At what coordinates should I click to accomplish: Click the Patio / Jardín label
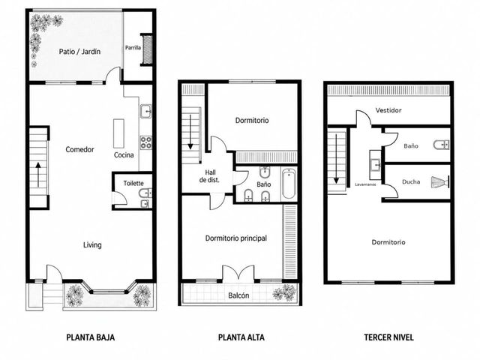[x=79, y=52]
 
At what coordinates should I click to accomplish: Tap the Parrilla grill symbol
[x=147, y=49]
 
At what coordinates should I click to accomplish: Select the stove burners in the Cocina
[x=146, y=142]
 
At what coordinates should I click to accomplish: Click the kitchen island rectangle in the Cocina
[x=118, y=133]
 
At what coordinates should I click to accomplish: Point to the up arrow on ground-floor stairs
[x=38, y=175]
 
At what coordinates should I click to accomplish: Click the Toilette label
[x=133, y=183]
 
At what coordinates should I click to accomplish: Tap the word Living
[x=92, y=245]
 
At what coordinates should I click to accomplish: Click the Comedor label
[x=79, y=150]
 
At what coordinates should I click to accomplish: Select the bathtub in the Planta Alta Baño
[x=288, y=184]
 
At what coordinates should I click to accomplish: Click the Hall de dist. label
[x=210, y=176]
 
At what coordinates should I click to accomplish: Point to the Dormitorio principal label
[x=236, y=238]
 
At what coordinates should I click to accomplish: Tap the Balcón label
[x=238, y=295]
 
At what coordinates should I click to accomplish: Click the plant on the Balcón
[x=285, y=292]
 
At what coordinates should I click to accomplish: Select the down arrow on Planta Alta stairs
[x=190, y=132]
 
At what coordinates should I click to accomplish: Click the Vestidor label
[x=388, y=110]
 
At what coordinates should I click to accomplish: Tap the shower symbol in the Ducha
[x=440, y=181]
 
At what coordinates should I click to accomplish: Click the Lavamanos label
[x=365, y=184]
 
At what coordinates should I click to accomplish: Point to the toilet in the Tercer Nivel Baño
[x=442, y=145]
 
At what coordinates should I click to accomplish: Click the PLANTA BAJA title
[x=91, y=337]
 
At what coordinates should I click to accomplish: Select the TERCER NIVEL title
[x=388, y=337]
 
